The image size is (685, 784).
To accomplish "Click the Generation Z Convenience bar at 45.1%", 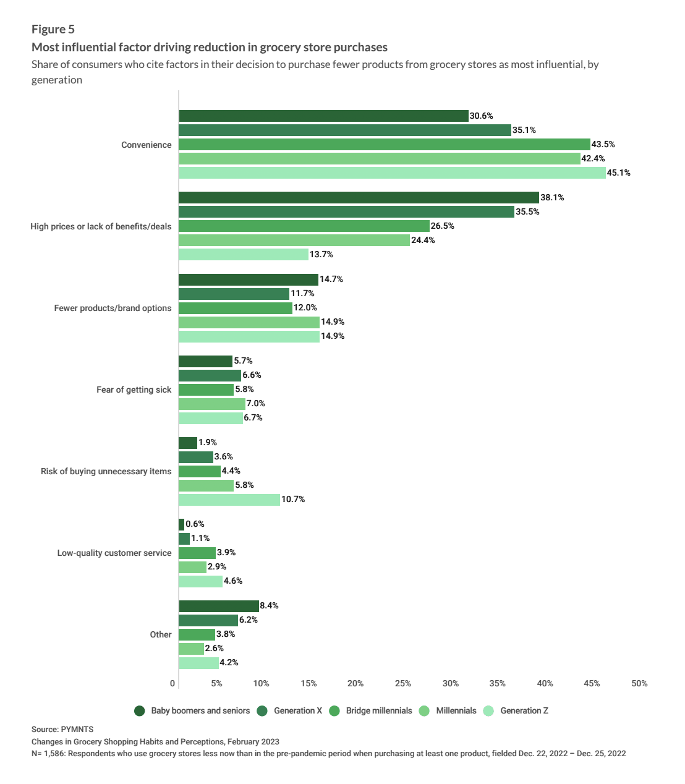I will tap(392, 173).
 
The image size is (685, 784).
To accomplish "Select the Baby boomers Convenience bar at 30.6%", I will tap(323, 116).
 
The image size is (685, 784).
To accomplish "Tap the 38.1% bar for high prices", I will tap(359, 198).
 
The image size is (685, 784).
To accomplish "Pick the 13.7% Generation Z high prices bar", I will tap(244, 254).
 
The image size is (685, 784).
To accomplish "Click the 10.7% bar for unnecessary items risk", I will tap(229, 500).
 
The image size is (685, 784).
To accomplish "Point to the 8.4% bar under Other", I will tap(219, 606).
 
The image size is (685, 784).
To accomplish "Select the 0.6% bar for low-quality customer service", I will tap(182, 524).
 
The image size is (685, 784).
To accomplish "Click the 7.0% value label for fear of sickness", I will tap(256, 403).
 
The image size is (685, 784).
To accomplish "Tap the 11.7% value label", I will tap(302, 293).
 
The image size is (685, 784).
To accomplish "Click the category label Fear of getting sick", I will tap(134, 390).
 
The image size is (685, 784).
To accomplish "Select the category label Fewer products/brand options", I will tap(113, 308).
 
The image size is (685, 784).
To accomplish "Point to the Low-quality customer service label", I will tap(114, 553).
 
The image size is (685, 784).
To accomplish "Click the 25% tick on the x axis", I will tap(403, 683).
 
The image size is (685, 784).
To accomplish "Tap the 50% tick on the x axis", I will tap(639, 683).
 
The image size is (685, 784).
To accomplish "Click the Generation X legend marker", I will tap(262, 710).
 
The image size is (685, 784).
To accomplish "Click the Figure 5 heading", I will tap(53, 29).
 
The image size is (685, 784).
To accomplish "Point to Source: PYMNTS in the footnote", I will tap(62, 729).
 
